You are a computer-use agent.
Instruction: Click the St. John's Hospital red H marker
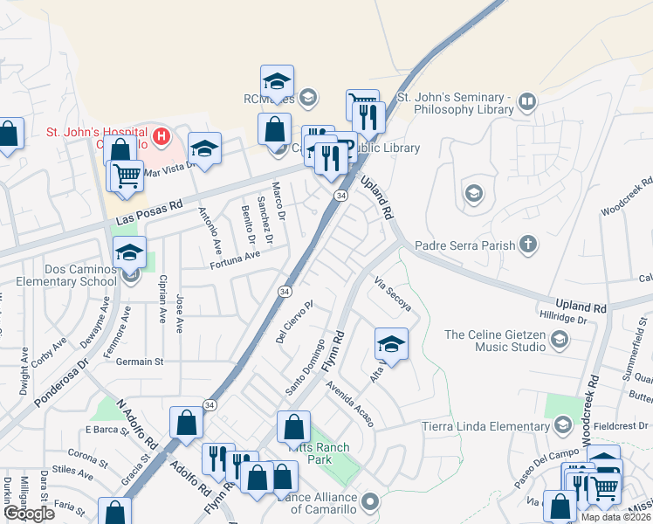point(161,136)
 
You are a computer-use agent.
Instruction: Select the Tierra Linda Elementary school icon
point(562,425)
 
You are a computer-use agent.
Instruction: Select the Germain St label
point(140,361)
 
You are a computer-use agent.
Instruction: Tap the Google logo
point(29,513)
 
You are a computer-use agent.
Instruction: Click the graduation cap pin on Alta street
point(391,344)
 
